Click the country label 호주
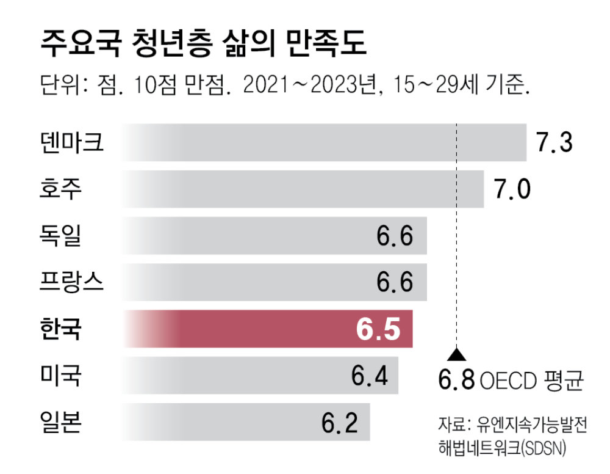pyautogui.click(x=59, y=189)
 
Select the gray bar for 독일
pyautogui.click(x=244, y=235)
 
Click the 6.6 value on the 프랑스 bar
pyautogui.click(x=395, y=282)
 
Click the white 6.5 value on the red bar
pyautogui.click(x=378, y=329)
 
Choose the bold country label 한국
pyautogui.click(x=59, y=329)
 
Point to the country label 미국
pyautogui.click(x=59, y=375)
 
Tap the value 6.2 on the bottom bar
pyautogui.click(x=340, y=421)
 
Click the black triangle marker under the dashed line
pyautogui.click(x=457, y=354)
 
